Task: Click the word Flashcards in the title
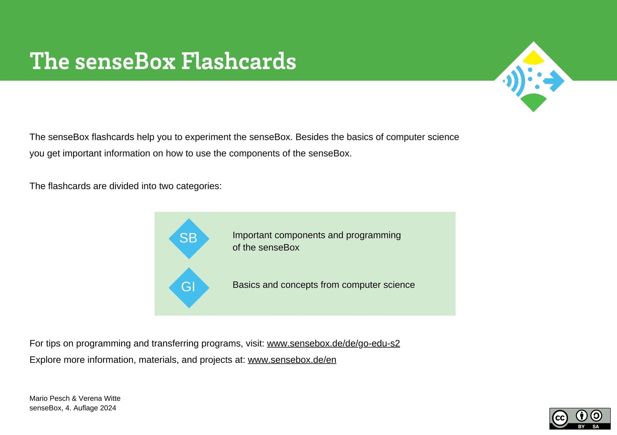[x=238, y=61]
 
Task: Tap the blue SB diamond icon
[x=189, y=238]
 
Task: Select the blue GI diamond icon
[x=189, y=287]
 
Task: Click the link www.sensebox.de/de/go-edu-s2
[x=333, y=343]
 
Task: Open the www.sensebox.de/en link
[x=292, y=360]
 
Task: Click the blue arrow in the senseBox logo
[x=554, y=81]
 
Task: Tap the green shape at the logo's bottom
[x=533, y=101]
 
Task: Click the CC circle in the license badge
[x=560, y=418]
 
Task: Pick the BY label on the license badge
[x=581, y=426]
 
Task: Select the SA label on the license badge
[x=596, y=426]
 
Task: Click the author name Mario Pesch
[x=49, y=398]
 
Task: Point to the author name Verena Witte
[x=99, y=398]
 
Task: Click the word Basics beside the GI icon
[x=246, y=285]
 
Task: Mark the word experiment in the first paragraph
[x=208, y=137]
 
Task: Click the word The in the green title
[x=49, y=61]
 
